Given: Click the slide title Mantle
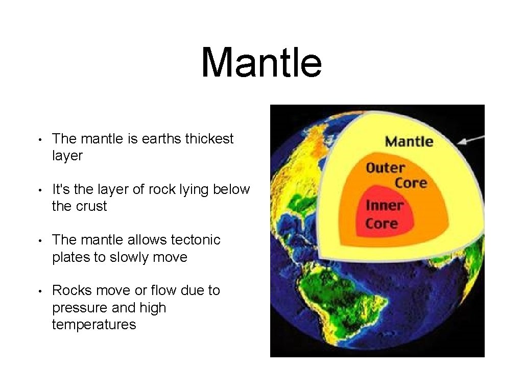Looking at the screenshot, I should (261, 63).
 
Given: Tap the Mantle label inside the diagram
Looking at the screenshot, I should (409, 141).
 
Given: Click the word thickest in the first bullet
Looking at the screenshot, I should (209, 139).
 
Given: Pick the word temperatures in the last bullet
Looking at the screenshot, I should (94, 325).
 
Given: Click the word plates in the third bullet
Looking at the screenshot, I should (71, 257).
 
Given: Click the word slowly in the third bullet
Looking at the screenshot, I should (129, 257).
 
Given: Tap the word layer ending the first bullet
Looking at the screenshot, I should (67, 156).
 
